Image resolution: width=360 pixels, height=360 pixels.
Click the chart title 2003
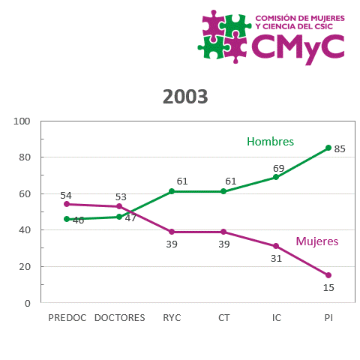coord(185,97)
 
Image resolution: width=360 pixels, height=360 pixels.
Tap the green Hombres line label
coord(270,142)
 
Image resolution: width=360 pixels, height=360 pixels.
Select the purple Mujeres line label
coord(316,241)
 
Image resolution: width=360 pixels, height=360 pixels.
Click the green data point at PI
coord(328,148)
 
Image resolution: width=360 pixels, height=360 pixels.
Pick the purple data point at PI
coord(328,275)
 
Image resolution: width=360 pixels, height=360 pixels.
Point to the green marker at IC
coord(276,177)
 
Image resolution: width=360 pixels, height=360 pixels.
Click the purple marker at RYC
coord(172,232)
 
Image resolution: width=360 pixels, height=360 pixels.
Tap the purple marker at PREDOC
coord(67,204)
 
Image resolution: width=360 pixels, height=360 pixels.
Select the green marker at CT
coord(224,191)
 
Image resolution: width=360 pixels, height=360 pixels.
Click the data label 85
coord(340,149)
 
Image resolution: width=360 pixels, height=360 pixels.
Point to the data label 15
coord(328,287)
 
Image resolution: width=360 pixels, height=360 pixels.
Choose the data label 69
coord(278,167)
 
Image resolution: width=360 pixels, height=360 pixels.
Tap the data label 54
coord(66,195)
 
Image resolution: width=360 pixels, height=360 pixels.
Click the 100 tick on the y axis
coord(22,121)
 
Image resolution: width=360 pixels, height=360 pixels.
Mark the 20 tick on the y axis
coord(25,267)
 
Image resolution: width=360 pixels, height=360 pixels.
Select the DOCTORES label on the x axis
coord(119,318)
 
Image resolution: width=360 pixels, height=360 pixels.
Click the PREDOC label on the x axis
coord(67,318)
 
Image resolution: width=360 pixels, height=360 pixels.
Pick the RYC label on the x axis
coord(172,318)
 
